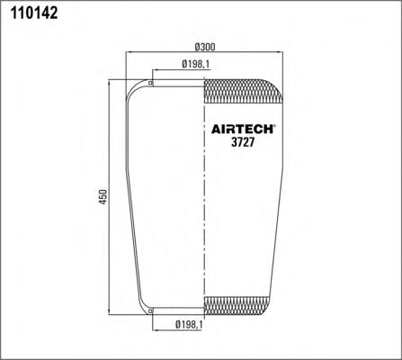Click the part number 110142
pyautogui.click(x=34, y=13)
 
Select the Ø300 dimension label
pyautogui.click(x=205, y=47)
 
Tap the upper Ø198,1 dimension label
pyautogui.click(x=196, y=64)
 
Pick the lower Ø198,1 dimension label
pyautogui.click(x=190, y=324)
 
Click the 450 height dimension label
pyautogui.click(x=103, y=197)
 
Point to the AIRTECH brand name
pyautogui.click(x=242, y=130)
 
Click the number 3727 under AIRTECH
pyautogui.click(x=243, y=142)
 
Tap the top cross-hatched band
pyautogui.click(x=243, y=92)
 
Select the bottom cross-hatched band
pyautogui.click(x=237, y=305)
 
